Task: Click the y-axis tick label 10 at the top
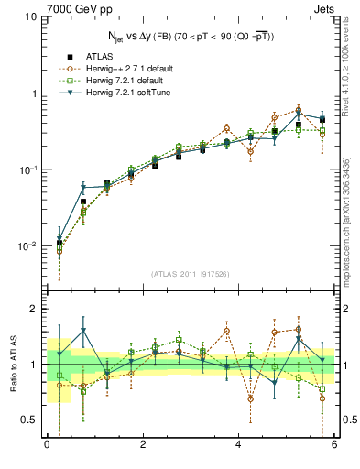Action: point(29,17)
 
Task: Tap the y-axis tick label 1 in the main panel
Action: point(33,93)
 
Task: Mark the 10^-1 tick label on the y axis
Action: point(27,169)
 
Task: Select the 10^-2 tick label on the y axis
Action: point(27,246)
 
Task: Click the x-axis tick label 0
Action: point(47,445)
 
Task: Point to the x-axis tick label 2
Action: point(143,445)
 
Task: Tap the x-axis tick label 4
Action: point(238,445)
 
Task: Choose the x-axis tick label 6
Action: point(334,445)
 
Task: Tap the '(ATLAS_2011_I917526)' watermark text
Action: point(191,274)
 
